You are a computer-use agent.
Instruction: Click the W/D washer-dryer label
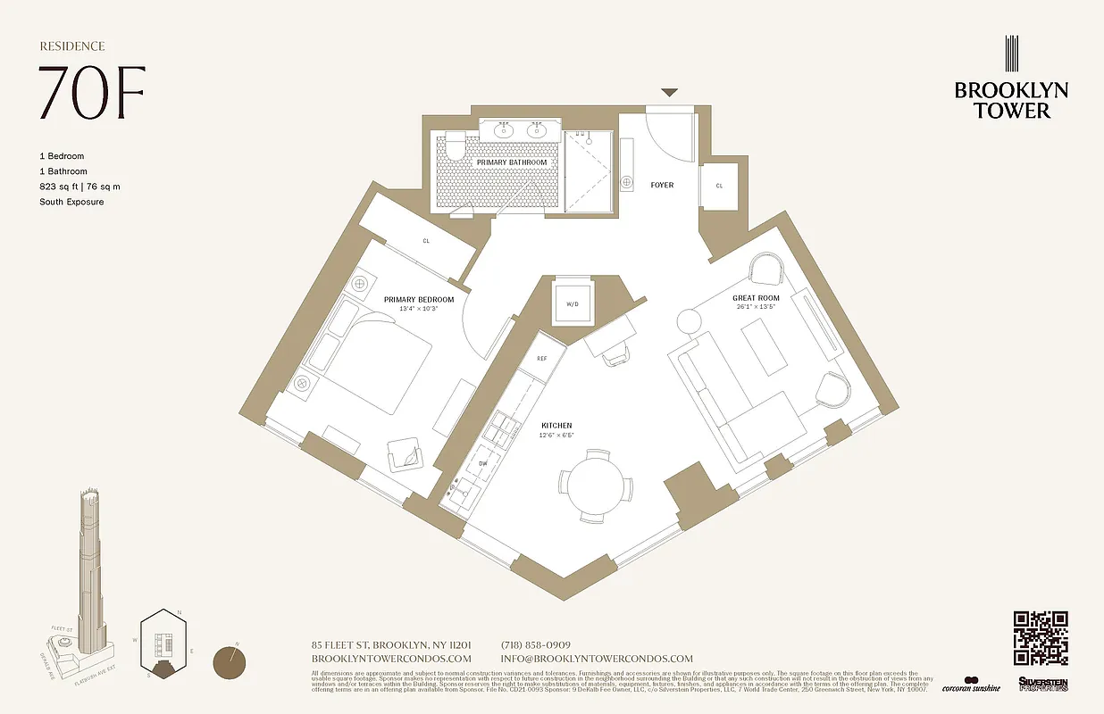click(x=573, y=303)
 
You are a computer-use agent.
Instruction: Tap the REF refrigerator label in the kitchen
click(x=541, y=358)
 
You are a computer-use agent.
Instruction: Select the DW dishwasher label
click(x=483, y=463)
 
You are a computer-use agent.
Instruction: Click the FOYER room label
click(x=662, y=185)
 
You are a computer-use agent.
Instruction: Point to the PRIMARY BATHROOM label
click(x=511, y=162)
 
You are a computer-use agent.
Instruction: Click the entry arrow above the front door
click(x=669, y=92)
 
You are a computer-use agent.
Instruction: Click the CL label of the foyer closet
click(x=719, y=186)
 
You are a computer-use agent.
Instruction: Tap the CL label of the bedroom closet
click(x=426, y=240)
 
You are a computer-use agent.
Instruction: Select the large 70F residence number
click(x=91, y=92)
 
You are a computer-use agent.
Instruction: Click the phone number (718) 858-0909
click(x=536, y=645)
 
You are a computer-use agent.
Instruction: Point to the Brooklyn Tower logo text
click(x=1011, y=100)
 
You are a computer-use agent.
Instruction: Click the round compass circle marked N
click(x=231, y=663)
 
